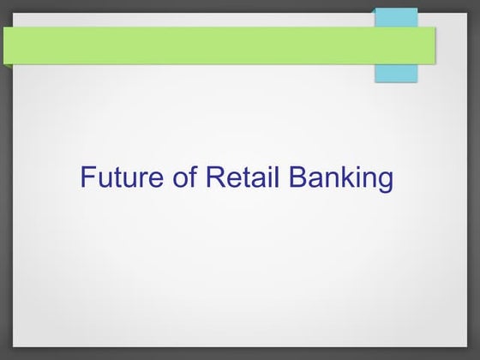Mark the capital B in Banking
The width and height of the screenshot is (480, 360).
point(297,177)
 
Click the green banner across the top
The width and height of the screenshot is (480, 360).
point(189,45)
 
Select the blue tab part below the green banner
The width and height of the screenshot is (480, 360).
point(396,73)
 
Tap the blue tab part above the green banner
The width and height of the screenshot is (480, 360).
point(396,17)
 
